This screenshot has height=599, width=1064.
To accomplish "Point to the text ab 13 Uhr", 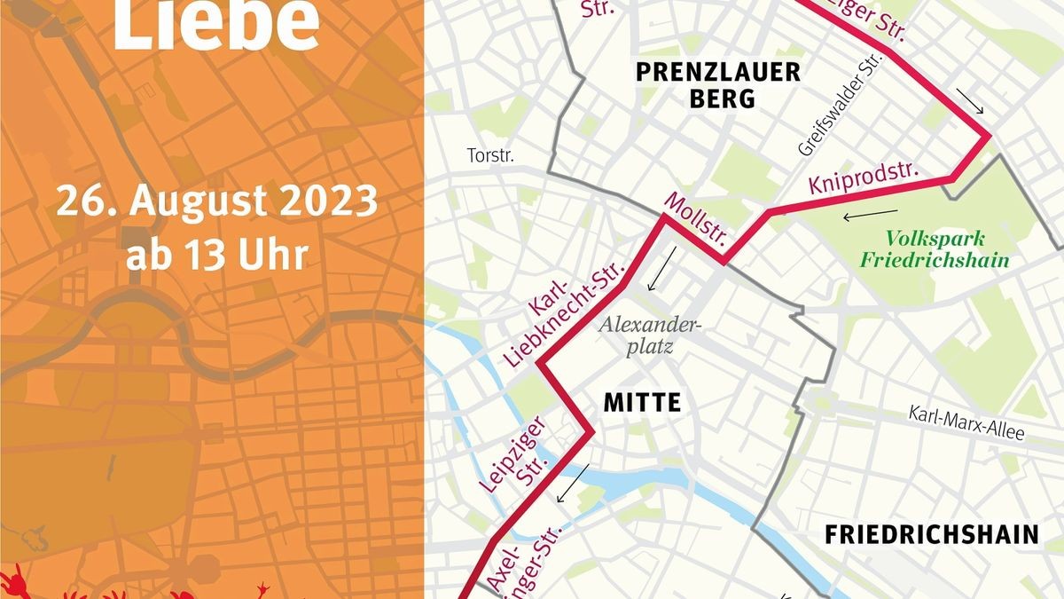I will tap(216, 256).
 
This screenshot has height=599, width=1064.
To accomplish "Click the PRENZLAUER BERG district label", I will tap(718, 84).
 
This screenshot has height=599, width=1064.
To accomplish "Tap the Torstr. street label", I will tap(490, 156).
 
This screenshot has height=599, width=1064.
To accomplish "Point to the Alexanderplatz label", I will tap(650, 335).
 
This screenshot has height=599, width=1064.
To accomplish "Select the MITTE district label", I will tap(642, 402).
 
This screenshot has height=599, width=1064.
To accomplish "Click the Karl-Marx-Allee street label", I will tap(966, 424).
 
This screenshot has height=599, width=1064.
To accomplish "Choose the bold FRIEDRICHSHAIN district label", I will tap(931, 534).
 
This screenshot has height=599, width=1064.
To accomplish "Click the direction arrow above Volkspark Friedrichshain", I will tap(870, 214).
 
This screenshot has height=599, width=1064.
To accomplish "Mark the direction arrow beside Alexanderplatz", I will tap(661, 269).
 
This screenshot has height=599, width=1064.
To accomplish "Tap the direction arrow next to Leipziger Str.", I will tap(571, 484).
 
